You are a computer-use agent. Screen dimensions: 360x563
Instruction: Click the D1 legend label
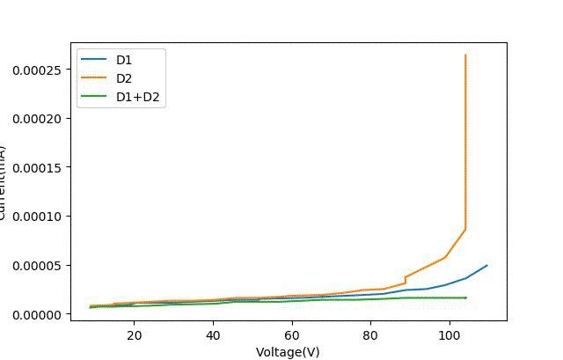click(124, 60)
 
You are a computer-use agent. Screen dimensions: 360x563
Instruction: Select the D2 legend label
click(124, 78)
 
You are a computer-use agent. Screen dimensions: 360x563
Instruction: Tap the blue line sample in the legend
click(93, 60)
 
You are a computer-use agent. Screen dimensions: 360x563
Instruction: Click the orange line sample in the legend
click(93, 78)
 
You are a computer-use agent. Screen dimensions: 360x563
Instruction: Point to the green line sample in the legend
click(93, 98)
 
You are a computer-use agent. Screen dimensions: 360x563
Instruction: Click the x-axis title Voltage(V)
click(288, 352)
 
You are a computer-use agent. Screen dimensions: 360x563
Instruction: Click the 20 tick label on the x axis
click(134, 335)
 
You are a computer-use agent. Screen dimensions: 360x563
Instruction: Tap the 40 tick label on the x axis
click(213, 335)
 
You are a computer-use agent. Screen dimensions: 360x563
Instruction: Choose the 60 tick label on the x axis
click(292, 335)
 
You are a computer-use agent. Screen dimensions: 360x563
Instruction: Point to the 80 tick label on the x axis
click(370, 335)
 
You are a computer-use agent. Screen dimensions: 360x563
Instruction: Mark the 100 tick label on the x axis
click(450, 335)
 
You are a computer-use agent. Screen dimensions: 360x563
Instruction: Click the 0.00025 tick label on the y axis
click(36, 70)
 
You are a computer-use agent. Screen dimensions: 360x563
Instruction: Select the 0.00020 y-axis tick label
click(36, 119)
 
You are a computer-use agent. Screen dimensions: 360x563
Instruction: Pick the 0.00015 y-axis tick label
click(36, 167)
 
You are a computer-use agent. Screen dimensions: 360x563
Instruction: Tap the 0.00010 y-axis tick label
click(36, 217)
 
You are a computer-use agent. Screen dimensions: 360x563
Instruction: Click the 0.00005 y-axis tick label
click(36, 266)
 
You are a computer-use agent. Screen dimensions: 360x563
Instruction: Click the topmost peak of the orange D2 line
click(465, 55)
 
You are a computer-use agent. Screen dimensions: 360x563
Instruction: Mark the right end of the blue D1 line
click(486, 265)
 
